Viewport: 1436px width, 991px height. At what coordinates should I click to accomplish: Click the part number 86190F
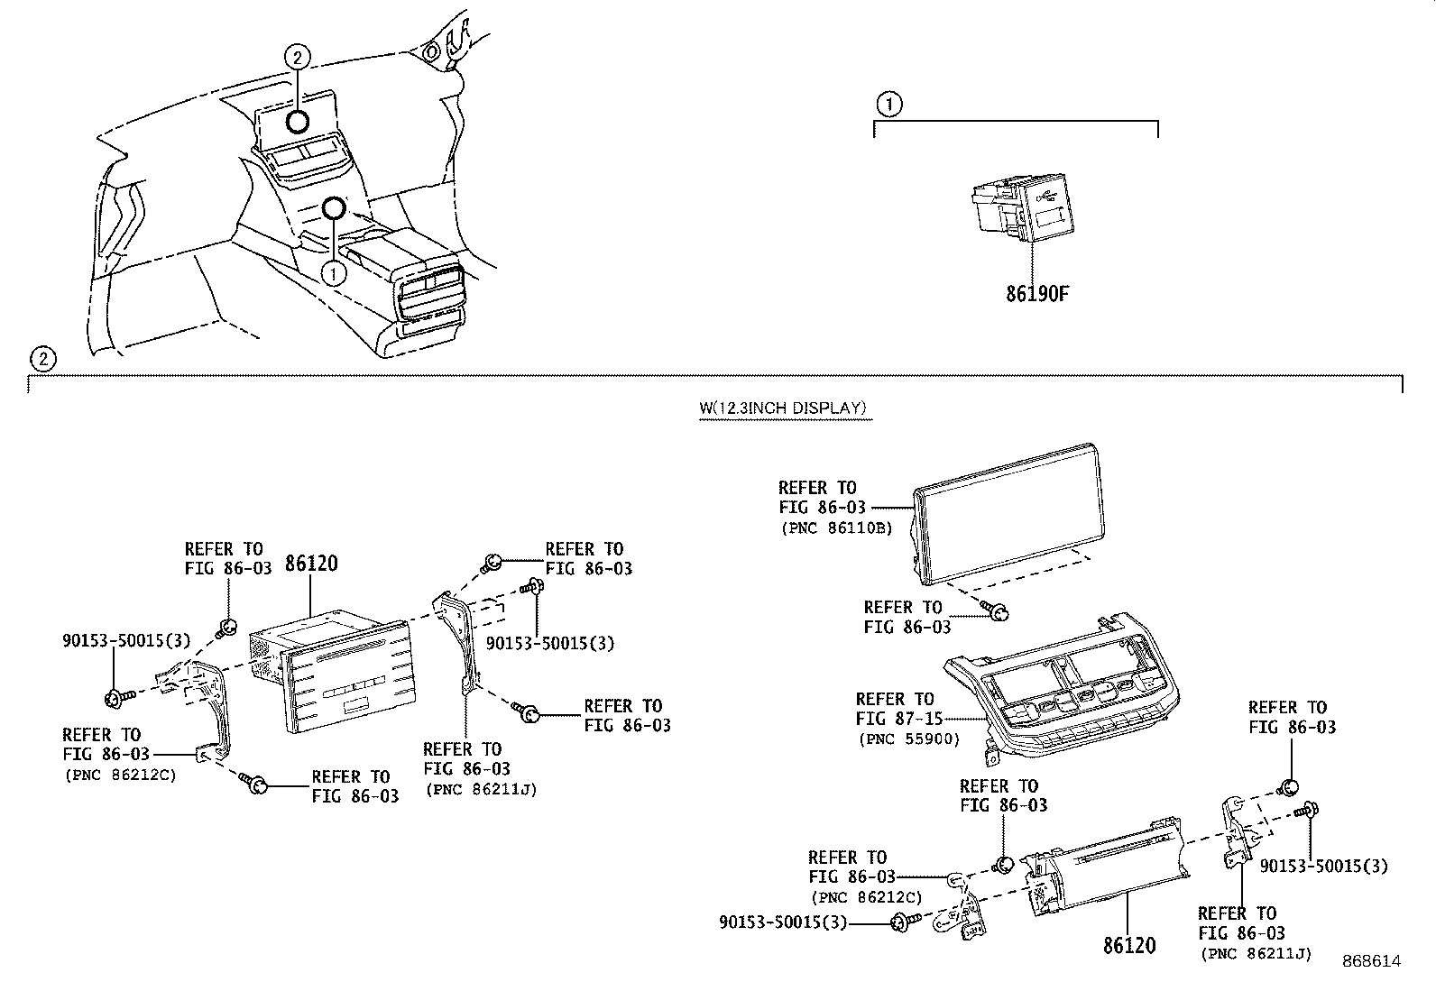tap(1037, 293)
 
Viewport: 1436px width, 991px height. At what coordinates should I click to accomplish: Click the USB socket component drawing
tap(1016, 209)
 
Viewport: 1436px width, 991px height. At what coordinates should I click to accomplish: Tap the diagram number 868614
tap(1370, 961)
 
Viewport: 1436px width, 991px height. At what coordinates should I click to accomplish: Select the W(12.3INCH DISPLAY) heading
tap(783, 408)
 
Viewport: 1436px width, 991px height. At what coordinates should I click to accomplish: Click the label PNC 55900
tap(907, 739)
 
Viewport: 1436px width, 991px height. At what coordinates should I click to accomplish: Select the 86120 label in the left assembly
tap(311, 564)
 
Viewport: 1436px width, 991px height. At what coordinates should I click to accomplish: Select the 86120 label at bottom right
tap(1128, 946)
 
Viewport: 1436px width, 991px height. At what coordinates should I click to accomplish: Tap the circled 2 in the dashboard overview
tap(298, 58)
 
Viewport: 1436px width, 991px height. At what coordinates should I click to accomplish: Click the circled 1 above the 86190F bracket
tap(889, 105)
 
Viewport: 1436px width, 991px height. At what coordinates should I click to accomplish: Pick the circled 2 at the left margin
tap(42, 359)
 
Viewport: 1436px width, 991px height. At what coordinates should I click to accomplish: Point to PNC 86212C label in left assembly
tap(120, 775)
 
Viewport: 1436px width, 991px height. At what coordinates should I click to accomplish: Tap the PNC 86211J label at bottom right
tap(1255, 953)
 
